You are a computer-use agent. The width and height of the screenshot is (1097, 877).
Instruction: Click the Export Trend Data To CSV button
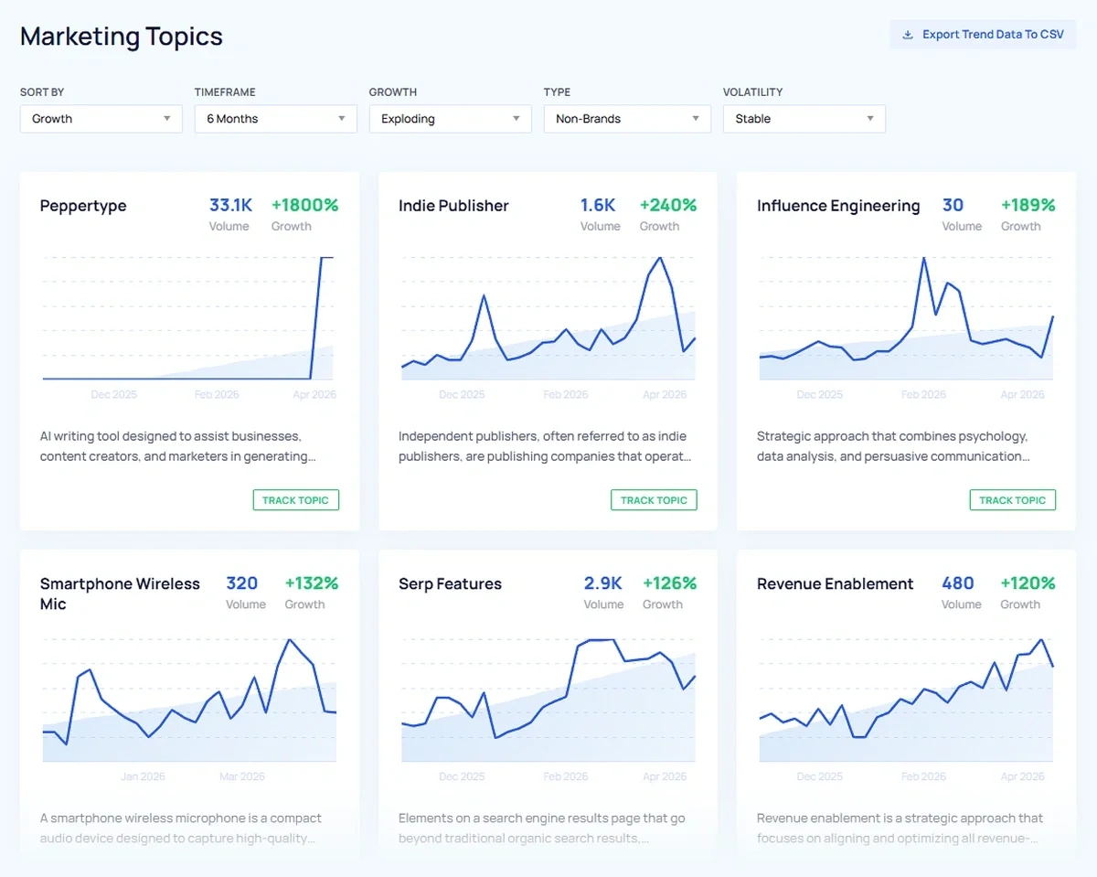[983, 35]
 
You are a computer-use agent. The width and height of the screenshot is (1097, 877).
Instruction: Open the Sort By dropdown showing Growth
[101, 119]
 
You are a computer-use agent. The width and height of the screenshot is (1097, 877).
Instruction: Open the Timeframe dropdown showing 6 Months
[275, 119]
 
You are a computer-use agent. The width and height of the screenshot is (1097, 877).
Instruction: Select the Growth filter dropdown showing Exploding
[450, 119]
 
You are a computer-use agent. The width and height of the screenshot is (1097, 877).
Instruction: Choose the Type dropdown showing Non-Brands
[626, 119]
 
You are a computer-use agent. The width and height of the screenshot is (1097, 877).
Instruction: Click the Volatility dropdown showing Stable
[804, 119]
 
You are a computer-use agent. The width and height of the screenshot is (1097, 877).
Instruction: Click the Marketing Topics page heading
[122, 37]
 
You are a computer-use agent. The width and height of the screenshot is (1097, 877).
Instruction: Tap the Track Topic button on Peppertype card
[295, 500]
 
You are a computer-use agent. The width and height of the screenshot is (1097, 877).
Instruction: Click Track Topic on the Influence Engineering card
[1012, 500]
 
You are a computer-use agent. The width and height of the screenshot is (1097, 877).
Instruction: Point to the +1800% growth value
[304, 206]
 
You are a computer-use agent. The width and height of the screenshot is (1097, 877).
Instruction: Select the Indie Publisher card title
[453, 206]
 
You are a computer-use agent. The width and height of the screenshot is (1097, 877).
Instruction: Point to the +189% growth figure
[1028, 206]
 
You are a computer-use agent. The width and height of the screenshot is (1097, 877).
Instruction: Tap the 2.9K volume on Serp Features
[602, 583]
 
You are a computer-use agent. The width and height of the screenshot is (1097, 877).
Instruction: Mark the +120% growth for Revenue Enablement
[1028, 583]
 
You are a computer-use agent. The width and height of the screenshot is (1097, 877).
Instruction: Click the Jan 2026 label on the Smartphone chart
[143, 776]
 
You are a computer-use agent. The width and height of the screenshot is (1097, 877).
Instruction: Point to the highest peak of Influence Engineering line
[924, 258]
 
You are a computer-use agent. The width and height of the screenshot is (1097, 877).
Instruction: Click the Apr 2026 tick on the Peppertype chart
[314, 395]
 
